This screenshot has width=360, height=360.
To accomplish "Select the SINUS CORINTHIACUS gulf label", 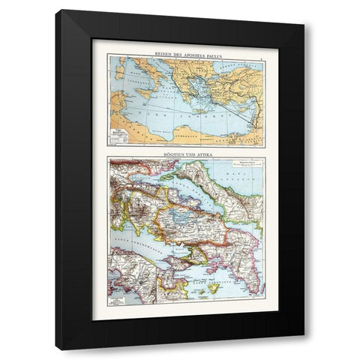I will click(142, 240).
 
